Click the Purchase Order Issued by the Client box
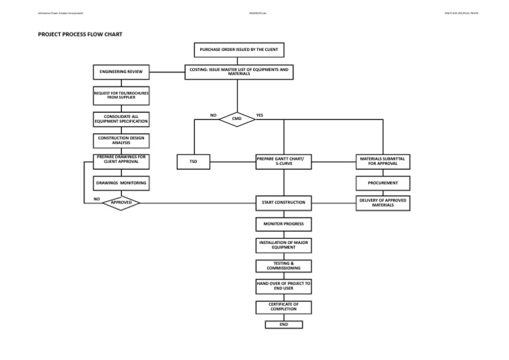[x=238, y=50]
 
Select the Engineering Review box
[x=121, y=72]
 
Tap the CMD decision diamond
[x=236, y=119]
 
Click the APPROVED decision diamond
[x=121, y=203]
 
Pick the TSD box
[x=194, y=160]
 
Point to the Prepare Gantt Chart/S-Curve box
[x=283, y=160]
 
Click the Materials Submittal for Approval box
[x=382, y=160]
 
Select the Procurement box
[x=382, y=182]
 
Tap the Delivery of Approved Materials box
[x=382, y=202]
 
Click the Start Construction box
[x=283, y=202]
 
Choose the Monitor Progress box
[x=283, y=224]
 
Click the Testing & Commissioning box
[x=283, y=266]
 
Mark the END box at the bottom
[x=283, y=325]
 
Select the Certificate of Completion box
[x=283, y=307]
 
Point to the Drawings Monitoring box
[x=121, y=182]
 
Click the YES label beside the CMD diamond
[x=259, y=115]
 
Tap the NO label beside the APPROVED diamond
[x=97, y=198]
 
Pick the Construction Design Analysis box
[x=121, y=141]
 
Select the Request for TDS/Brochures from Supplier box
[x=121, y=96]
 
